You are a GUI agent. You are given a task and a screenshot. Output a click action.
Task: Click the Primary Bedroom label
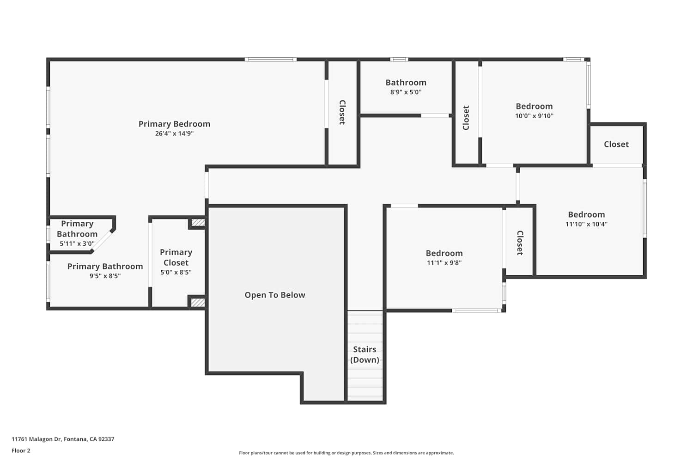point(174,124)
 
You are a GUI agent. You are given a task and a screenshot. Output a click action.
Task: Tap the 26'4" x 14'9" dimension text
point(174,134)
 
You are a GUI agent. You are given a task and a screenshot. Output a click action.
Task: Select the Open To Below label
point(275,295)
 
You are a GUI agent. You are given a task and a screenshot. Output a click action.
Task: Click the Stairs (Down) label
point(365,354)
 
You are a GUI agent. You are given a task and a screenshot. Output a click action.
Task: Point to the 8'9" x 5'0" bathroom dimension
point(406,92)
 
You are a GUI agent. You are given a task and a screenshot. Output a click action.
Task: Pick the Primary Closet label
point(176,257)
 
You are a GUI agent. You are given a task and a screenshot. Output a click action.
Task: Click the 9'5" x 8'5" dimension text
point(105,276)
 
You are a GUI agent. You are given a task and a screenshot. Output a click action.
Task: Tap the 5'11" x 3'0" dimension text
point(77,243)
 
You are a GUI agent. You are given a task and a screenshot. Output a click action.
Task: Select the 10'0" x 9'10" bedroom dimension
point(534,116)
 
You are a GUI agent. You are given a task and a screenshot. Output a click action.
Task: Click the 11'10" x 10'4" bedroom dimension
point(587,224)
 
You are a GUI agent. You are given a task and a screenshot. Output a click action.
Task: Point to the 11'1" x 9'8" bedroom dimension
point(444,263)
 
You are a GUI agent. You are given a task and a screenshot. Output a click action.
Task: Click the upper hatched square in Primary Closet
point(198,223)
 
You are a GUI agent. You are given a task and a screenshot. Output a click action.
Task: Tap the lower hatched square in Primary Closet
point(198,302)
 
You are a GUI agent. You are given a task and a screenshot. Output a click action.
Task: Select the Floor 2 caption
point(21,450)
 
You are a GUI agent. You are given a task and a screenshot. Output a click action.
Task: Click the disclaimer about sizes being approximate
point(346,453)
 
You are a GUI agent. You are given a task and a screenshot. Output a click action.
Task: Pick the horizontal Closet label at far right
point(616,144)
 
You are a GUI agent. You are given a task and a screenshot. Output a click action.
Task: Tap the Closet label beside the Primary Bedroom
point(342,112)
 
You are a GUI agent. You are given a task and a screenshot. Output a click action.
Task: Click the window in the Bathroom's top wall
point(399,60)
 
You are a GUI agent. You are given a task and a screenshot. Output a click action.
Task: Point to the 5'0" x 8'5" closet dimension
point(176,272)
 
